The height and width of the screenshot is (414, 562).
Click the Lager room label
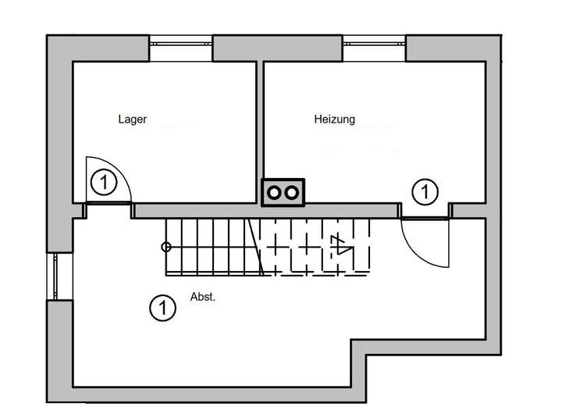tap(132, 119)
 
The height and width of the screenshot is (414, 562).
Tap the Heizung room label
tap(334, 119)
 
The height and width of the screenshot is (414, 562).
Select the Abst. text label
tap(203, 297)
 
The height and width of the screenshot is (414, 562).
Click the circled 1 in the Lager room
tap(104, 182)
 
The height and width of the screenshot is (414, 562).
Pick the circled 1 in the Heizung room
tap(425, 191)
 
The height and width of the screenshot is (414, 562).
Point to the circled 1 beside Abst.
tap(162, 308)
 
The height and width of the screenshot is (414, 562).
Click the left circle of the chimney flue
tap(274, 193)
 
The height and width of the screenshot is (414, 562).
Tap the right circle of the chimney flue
tap(292, 193)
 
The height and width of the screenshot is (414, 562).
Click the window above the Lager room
tap(181, 44)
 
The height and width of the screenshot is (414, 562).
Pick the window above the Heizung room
tap(374, 44)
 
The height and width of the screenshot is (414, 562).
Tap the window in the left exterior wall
tap(55, 277)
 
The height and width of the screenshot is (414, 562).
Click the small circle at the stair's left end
tap(166, 247)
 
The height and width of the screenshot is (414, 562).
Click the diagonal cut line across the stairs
tap(256, 248)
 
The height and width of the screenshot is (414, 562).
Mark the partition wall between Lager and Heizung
tap(260, 132)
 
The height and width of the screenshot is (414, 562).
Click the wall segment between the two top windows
tap(278, 48)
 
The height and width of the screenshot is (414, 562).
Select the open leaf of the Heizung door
tap(448, 243)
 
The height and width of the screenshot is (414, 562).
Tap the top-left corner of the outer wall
tap(47, 35)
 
